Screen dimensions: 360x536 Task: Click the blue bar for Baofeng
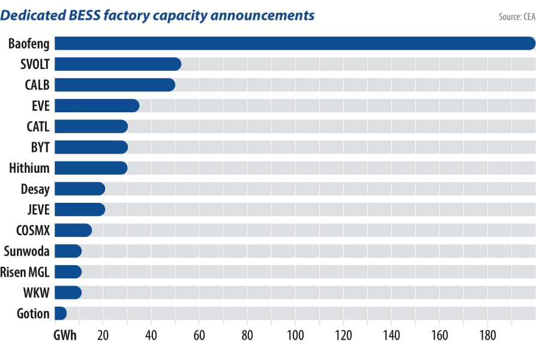(x=294, y=43)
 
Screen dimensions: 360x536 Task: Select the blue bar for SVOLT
(x=118, y=64)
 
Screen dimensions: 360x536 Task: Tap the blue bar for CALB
(x=115, y=85)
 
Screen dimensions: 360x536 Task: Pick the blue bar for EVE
(x=97, y=106)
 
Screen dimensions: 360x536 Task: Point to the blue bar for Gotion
(x=61, y=313)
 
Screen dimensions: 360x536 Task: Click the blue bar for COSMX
(x=73, y=230)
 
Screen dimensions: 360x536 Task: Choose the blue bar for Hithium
(x=91, y=168)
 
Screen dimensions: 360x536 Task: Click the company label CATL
(x=38, y=127)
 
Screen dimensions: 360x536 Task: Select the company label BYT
(x=39, y=147)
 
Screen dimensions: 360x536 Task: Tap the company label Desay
(x=35, y=189)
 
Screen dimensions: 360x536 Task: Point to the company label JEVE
(x=37, y=209)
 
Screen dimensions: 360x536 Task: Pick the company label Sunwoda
(x=26, y=251)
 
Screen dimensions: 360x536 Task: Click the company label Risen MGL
(x=26, y=272)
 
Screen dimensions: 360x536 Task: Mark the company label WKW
(x=36, y=293)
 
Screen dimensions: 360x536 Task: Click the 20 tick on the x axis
(x=103, y=335)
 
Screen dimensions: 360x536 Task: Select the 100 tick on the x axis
(x=295, y=335)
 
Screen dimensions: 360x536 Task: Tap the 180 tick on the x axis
(x=487, y=335)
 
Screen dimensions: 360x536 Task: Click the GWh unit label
(x=65, y=335)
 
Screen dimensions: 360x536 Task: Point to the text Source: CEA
(x=516, y=17)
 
